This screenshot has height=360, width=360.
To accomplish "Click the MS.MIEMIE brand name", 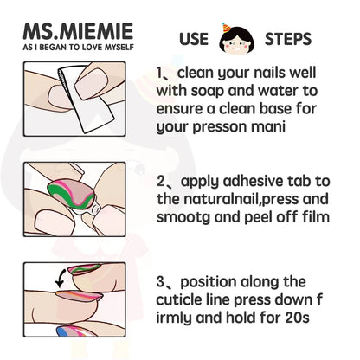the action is click(x=78, y=31).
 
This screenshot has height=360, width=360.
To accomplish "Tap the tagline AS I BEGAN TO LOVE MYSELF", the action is click(x=79, y=47).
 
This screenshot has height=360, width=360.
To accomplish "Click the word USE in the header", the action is click(x=194, y=39).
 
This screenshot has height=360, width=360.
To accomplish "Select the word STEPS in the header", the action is click(x=288, y=39).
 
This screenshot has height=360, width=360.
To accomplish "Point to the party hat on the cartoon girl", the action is click(x=227, y=29).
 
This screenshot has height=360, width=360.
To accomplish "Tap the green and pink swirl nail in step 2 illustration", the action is click(x=71, y=193).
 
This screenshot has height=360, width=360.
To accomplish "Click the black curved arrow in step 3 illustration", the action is click(x=61, y=279).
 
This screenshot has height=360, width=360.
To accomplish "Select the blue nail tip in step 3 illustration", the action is click(x=63, y=331).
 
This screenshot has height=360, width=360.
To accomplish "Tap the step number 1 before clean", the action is click(x=159, y=73).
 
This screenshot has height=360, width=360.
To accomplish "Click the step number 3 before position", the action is click(x=160, y=281).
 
